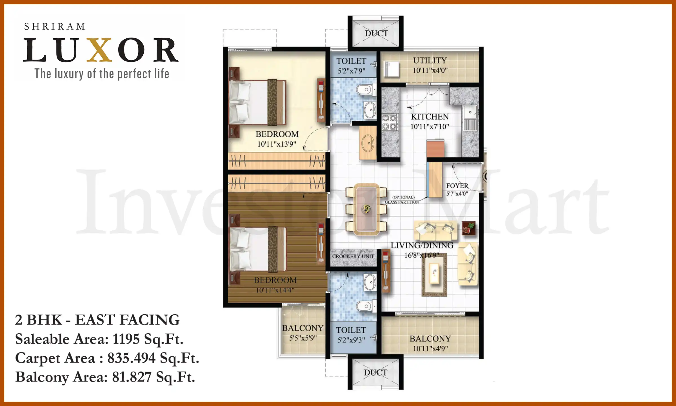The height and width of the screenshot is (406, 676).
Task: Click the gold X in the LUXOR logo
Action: [x=99, y=50]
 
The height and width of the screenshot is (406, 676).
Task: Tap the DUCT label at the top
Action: [x=376, y=33]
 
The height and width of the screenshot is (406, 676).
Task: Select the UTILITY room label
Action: [x=430, y=60]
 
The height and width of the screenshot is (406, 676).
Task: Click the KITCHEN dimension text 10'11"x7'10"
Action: [x=430, y=127]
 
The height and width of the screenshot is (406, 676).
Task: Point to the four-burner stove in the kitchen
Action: [x=390, y=122]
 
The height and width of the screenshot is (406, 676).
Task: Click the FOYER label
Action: [x=457, y=186]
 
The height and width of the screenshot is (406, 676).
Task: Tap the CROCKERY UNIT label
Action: [x=353, y=256]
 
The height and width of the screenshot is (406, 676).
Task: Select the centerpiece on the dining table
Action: [x=366, y=209]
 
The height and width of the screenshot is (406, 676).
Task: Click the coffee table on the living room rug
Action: [x=434, y=273]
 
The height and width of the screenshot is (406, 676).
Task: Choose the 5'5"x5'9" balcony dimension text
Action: [x=303, y=338]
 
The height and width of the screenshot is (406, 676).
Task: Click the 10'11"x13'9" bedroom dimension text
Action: [x=277, y=144]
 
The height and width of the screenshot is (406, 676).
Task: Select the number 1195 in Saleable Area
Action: [x=126, y=339]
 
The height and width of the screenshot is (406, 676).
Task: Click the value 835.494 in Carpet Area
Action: [x=131, y=358]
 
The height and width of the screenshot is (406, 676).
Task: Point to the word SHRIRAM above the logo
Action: [x=55, y=27]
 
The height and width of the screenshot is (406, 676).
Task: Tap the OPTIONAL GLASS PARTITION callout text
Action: [x=402, y=200]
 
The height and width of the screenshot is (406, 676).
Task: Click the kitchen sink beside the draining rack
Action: [x=470, y=112]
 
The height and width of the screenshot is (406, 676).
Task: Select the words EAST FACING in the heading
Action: [x=127, y=320]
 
